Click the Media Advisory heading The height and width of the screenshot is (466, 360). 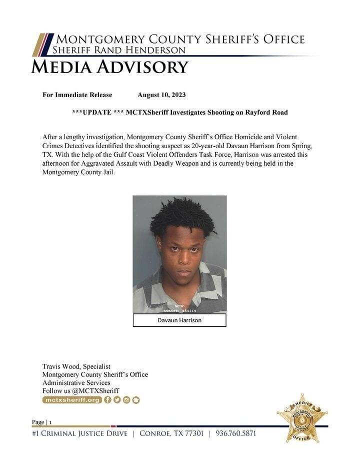click(109, 67)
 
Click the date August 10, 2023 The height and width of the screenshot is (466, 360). click(161, 95)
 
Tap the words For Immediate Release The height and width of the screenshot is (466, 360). click(77, 95)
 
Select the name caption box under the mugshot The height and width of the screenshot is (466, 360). click(179, 320)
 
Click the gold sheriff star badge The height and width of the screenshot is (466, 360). click(302, 417)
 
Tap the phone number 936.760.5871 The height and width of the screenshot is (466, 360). click(235, 433)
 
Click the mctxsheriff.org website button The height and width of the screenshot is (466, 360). click(72, 400)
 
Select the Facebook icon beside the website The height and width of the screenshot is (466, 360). click(108, 400)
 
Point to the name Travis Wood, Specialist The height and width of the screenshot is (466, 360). click(76, 366)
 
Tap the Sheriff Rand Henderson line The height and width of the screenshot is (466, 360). click(119, 50)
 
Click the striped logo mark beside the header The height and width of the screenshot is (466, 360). click(42, 45)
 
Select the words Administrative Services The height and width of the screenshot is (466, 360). click(76, 382)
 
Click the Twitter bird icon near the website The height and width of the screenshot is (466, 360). click(117, 400)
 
